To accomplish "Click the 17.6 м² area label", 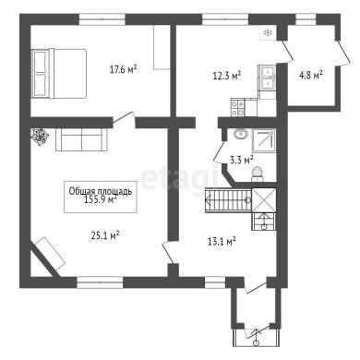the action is (x=123, y=69).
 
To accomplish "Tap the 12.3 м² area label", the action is (x=227, y=75).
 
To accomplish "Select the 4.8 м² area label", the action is (x=311, y=75).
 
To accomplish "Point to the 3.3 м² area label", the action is (x=242, y=160).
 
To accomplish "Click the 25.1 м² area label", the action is (x=105, y=235).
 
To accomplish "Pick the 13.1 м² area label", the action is (x=222, y=241).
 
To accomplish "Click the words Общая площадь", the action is (x=101, y=191).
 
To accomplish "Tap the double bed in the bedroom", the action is (x=59, y=74).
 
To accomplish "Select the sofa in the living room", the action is (x=81, y=139).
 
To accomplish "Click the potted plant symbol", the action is (x=40, y=136).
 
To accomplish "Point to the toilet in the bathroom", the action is (x=258, y=174).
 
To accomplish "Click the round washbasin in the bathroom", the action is (x=241, y=134).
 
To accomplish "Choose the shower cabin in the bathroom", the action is (x=264, y=140).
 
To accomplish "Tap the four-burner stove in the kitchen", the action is (x=238, y=107).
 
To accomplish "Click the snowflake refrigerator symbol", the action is (x=268, y=32).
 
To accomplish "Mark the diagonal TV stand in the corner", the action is (x=49, y=254).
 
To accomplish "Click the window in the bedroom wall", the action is (x=102, y=19).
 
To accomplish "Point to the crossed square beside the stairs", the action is (x=264, y=200).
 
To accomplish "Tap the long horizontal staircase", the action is (x=228, y=200).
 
